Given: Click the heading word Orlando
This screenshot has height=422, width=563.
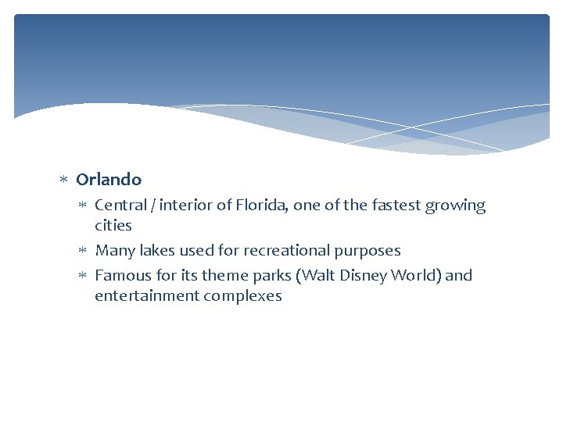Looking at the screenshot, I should (109, 180).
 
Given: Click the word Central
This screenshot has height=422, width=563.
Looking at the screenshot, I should (120, 206).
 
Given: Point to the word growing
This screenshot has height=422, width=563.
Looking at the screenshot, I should (455, 206).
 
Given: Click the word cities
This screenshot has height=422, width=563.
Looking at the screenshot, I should (113, 226).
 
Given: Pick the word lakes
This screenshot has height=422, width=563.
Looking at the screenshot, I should (156, 251).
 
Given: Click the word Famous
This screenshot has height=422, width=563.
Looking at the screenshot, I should (121, 275).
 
